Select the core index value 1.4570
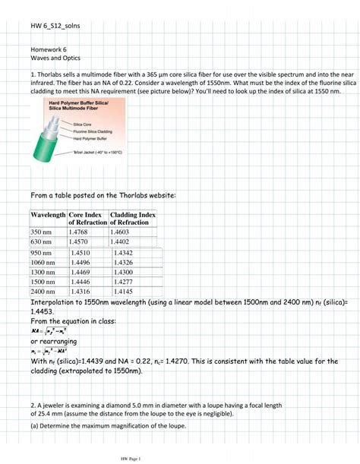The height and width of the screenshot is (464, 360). tap(81, 242)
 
